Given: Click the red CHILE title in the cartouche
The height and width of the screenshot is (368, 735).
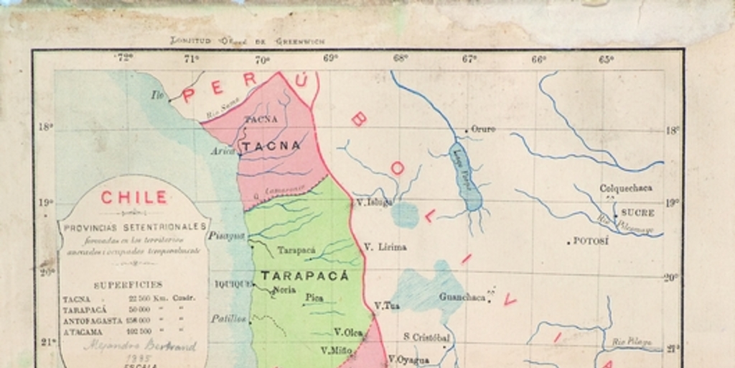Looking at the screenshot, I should pyautogui.click(x=134, y=198).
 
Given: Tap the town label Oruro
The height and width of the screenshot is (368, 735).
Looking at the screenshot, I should pyautogui.click(x=483, y=129).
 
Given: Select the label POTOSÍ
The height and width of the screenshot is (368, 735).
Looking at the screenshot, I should pyautogui.click(x=591, y=241).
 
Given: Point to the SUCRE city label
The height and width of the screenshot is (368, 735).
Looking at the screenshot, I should pyautogui.click(x=637, y=213).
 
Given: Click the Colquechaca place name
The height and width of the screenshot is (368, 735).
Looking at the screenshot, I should pyautogui.click(x=626, y=188).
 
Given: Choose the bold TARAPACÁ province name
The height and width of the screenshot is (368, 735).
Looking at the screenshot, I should pyautogui.click(x=304, y=275).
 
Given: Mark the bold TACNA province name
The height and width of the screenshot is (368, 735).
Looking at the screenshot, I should pyautogui.click(x=271, y=145).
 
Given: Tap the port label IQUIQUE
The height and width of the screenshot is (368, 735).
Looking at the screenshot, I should pyautogui.click(x=233, y=284).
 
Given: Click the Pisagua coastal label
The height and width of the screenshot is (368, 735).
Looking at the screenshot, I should pyautogui.click(x=226, y=236).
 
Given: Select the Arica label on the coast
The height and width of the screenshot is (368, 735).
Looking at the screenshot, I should pyautogui.click(x=224, y=152).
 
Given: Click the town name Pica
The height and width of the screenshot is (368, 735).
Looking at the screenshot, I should pyautogui.click(x=314, y=297).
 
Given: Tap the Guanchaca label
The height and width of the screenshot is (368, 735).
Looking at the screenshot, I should pyautogui.click(x=462, y=297).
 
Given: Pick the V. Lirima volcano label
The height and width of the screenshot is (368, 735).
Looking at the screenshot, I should pyautogui.click(x=385, y=247).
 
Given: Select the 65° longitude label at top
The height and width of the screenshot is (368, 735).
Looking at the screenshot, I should pyautogui.click(x=607, y=60).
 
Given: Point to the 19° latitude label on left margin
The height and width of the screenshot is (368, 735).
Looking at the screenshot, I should pyautogui.click(x=45, y=203).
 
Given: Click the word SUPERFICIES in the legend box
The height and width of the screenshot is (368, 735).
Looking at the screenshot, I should pyautogui.click(x=128, y=285).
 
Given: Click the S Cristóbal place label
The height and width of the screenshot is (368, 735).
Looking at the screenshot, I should pyautogui.click(x=426, y=336).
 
